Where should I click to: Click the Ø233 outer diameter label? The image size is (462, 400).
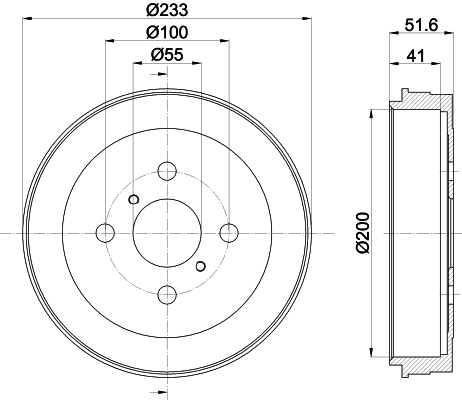pyautogui.click(x=167, y=12)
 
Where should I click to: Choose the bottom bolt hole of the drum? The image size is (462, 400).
pyautogui.click(x=167, y=293)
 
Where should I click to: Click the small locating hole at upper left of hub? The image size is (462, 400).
pyautogui.click(x=133, y=197)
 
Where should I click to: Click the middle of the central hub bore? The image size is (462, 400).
pyautogui.click(x=167, y=232)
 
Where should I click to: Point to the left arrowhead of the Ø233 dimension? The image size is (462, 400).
pyautogui.click(x=26, y=22)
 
